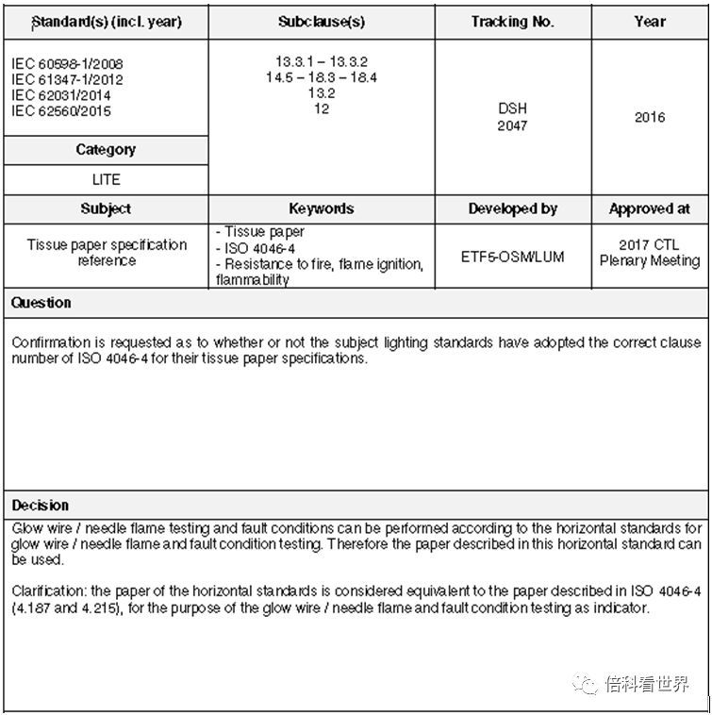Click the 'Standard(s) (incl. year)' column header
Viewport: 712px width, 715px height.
(x=106, y=21)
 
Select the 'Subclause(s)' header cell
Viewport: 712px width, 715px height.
(x=322, y=21)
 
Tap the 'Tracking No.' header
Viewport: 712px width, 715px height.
(x=512, y=21)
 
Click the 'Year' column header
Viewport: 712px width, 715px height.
(x=650, y=21)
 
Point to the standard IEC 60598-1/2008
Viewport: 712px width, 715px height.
(x=67, y=64)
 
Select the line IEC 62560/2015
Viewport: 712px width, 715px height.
(x=61, y=111)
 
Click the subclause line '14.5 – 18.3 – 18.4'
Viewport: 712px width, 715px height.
(x=322, y=77)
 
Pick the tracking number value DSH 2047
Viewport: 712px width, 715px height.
(x=512, y=117)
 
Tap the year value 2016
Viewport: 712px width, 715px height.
(x=650, y=117)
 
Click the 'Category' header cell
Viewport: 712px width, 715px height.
(x=106, y=149)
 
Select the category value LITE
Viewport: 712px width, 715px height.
(x=106, y=179)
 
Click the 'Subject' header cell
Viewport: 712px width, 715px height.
(x=106, y=208)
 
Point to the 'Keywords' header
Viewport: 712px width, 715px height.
(x=322, y=208)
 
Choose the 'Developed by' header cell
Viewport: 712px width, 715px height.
(x=512, y=208)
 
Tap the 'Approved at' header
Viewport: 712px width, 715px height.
(x=650, y=208)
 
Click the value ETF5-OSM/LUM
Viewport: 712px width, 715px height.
(x=512, y=256)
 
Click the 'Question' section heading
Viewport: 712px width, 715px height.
(x=41, y=303)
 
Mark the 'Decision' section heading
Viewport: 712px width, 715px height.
(x=41, y=505)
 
